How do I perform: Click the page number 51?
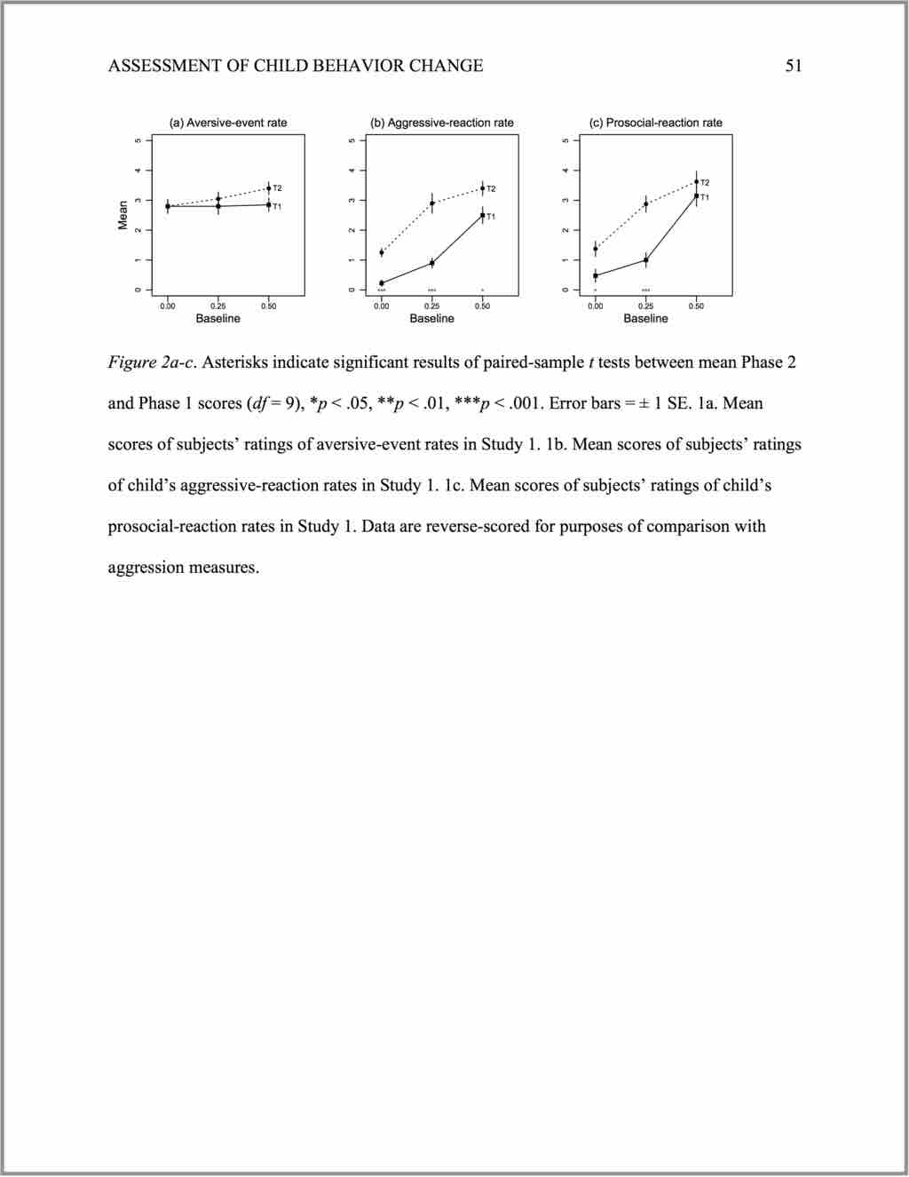794,66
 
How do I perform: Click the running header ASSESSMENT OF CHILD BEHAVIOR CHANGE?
296,66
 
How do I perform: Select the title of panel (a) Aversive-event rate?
228,123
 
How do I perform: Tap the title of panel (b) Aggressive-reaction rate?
442,123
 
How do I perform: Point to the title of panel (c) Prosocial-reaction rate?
656,123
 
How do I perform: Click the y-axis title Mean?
123,215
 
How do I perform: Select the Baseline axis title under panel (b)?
431,318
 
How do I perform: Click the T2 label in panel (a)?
277,188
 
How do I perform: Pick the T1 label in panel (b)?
491,217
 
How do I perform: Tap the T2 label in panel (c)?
705,182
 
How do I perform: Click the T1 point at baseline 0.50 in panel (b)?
482,215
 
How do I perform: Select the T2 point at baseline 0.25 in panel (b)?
431,203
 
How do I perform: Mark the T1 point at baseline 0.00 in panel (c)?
595,275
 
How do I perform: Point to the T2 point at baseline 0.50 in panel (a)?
268,188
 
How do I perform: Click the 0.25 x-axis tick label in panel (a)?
217,306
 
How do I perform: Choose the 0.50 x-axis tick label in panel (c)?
696,306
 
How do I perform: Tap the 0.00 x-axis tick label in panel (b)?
381,306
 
